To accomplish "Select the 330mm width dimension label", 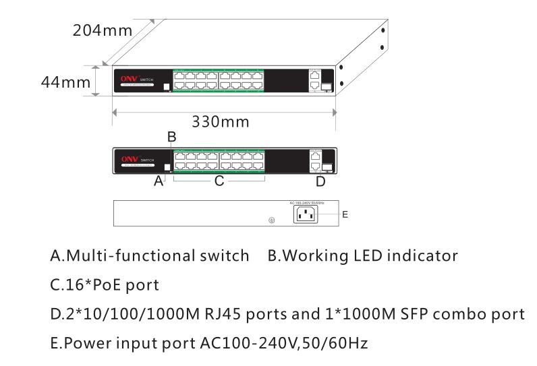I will [221, 122].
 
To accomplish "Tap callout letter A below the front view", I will [158, 181].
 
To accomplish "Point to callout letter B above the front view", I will [171, 137].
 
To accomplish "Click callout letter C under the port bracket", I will [219, 181].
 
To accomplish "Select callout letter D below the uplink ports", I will [320, 181].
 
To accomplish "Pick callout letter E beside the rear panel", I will [345, 214].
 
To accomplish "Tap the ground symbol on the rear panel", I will [271, 220].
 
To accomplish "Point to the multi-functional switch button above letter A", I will [168, 166].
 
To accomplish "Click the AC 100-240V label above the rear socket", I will [307, 202].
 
